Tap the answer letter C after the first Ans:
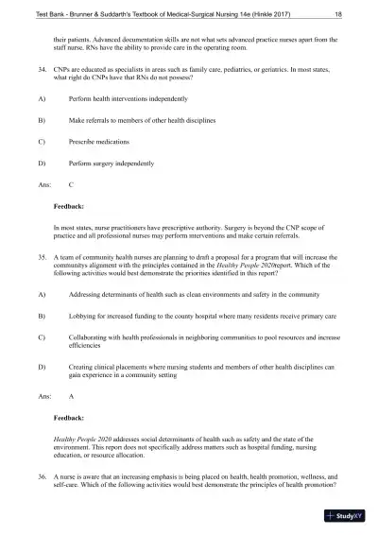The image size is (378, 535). click(71, 186)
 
